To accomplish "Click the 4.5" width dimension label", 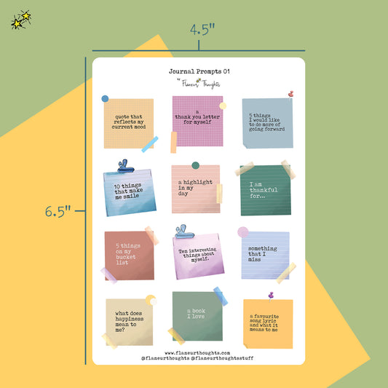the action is coord(202,29).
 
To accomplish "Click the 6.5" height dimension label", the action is coord(58,212).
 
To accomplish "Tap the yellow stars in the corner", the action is coord(21,20).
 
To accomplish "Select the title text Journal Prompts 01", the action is coord(199,71).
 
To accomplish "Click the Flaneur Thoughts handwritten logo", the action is coord(199,83).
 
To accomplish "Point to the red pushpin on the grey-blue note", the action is coord(290,95).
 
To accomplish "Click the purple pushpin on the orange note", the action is coord(271,296).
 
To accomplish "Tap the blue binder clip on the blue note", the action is coord(126,166).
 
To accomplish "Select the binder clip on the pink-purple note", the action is coord(183,232).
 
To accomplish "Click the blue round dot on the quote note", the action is coord(105,99).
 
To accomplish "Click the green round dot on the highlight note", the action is coord(196,165).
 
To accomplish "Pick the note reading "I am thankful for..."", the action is coord(266,190).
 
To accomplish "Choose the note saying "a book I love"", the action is coord(197,316).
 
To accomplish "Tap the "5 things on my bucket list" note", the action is coord(129,256).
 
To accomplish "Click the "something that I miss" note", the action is coord(266,256).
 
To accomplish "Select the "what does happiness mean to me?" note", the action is coord(129,322).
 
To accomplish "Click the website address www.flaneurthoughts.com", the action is coord(197,353).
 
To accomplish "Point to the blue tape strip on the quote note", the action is coord(150,144).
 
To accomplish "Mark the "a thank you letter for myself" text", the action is coord(197,116).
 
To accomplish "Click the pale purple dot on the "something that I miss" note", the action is coord(243,232).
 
